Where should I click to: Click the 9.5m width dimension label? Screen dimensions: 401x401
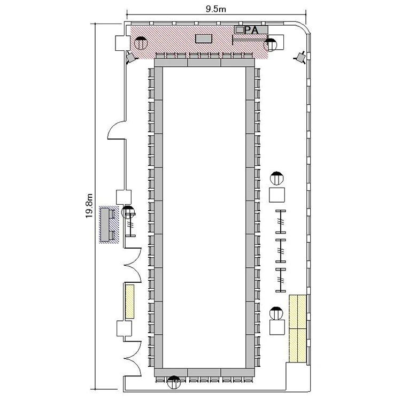[216, 9]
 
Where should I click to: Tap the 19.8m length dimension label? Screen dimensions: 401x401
[89, 206]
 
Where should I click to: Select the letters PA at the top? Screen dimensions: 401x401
[251, 30]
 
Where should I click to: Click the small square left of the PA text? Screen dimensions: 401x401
[240, 30]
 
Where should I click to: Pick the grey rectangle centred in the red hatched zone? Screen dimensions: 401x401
[204, 38]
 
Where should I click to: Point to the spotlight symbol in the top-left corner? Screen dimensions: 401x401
[131, 57]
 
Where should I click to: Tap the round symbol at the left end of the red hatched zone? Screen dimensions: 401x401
[141, 43]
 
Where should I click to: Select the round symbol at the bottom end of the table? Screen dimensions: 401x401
[174, 382]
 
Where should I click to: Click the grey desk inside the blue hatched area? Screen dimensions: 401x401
[105, 225]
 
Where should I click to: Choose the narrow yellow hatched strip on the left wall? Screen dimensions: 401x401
[130, 302]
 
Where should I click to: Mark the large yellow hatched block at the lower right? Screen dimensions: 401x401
[298, 328]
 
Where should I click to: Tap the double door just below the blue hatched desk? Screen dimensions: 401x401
[133, 265]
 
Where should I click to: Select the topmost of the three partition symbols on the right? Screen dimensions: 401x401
[281, 221]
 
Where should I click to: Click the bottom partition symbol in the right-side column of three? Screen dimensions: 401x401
[281, 280]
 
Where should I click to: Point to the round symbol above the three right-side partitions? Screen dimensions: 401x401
[277, 178]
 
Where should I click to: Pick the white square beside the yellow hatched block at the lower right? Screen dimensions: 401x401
[277, 327]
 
